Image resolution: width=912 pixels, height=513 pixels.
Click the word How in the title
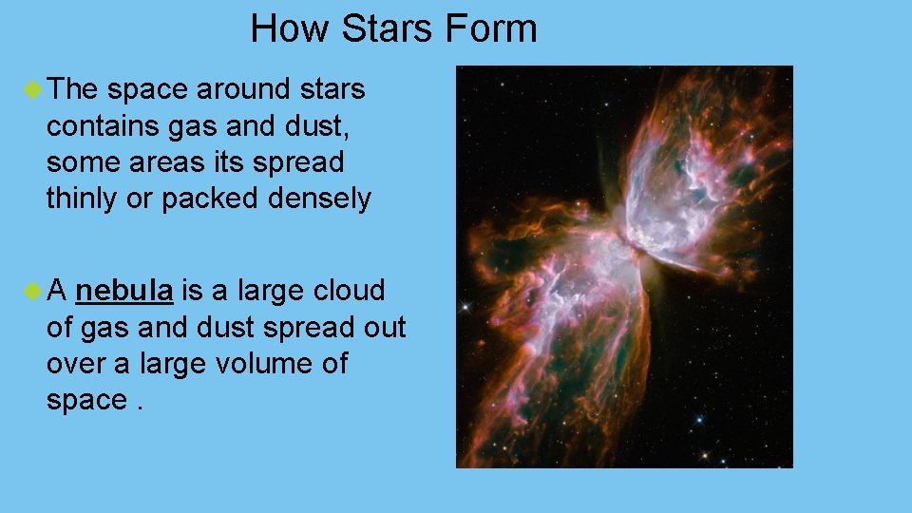(x=291, y=28)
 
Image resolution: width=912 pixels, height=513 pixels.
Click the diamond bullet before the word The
(x=33, y=90)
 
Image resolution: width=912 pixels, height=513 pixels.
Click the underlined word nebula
(x=124, y=291)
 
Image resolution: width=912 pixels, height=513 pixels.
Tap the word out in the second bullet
(x=381, y=328)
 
